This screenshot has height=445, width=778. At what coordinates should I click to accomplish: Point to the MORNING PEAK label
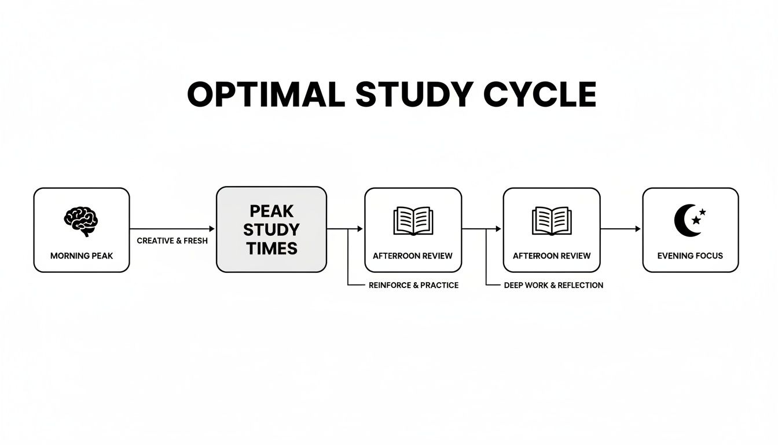[82, 256]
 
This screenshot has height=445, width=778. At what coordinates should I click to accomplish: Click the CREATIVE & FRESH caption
[172, 240]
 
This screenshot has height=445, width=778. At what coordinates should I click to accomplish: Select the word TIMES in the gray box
[271, 249]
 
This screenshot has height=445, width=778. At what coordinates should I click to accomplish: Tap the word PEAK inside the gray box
[271, 210]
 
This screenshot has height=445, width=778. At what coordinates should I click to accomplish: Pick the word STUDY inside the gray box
[271, 229]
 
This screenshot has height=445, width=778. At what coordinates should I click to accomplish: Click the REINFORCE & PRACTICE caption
[413, 285]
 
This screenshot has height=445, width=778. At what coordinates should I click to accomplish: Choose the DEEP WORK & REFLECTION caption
[553, 285]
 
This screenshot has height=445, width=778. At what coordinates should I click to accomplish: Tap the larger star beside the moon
[696, 220]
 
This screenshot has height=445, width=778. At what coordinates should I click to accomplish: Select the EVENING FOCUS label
[690, 256]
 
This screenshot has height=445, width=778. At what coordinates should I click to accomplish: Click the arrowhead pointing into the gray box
[212, 229]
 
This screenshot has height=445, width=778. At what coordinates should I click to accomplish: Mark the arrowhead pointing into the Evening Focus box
[638, 229]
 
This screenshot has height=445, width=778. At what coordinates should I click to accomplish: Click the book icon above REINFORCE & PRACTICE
[413, 221]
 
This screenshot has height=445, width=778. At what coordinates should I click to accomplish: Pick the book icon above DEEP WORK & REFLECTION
[551, 221]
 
